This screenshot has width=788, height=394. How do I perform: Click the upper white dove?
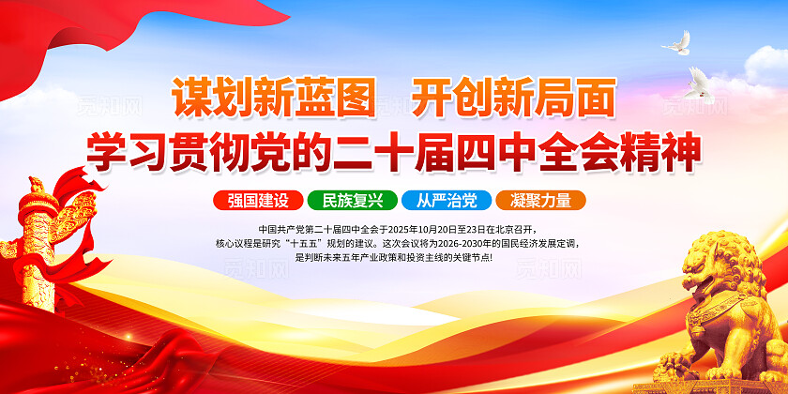click(676, 42)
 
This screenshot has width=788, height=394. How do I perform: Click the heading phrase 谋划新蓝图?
click(272, 98)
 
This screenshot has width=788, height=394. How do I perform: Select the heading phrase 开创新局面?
click(514, 98)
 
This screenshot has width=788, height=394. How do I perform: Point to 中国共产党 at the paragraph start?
click(279, 229)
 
